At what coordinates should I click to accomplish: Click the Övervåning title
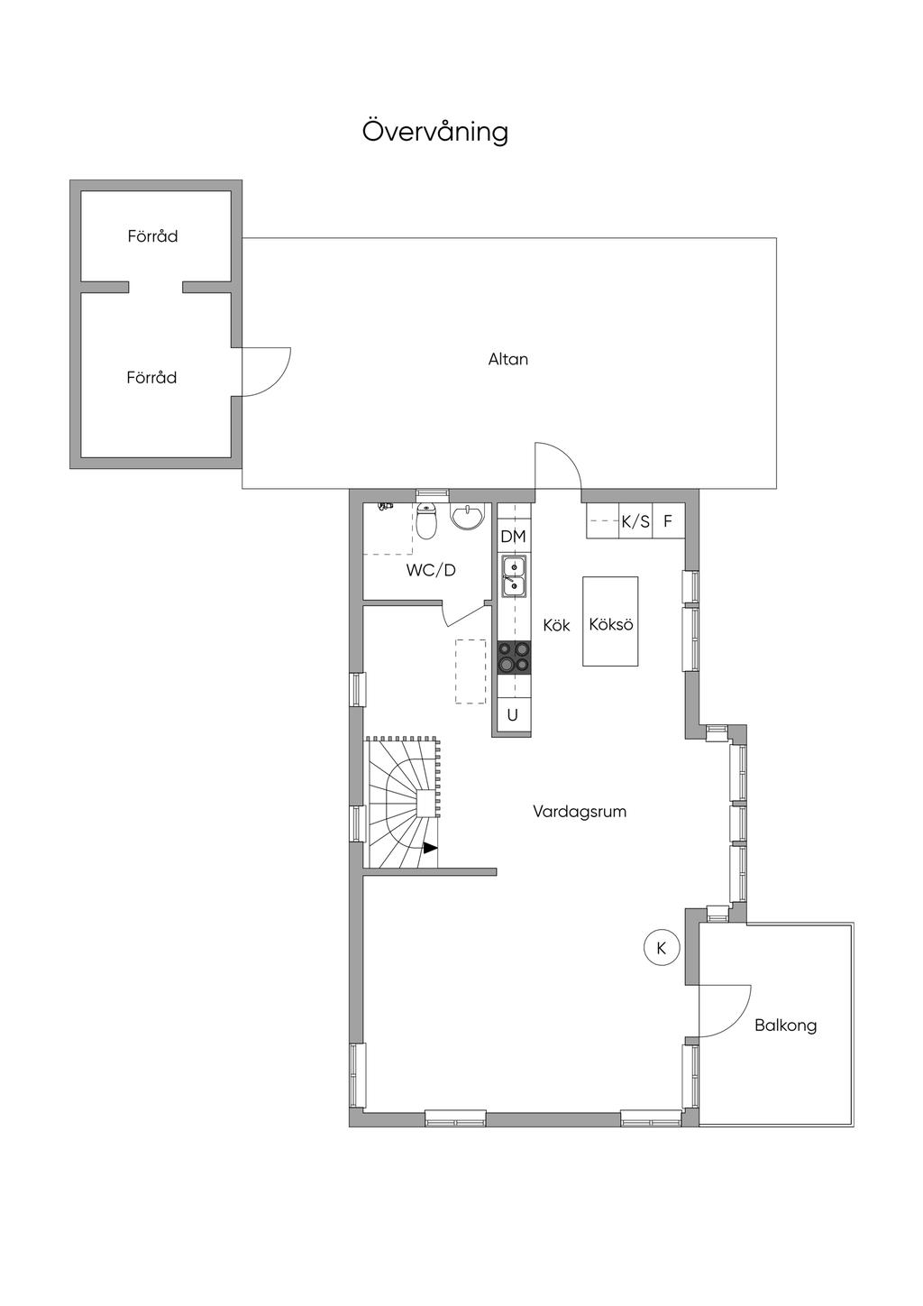[x=434, y=132]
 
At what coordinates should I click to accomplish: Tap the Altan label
[x=508, y=359]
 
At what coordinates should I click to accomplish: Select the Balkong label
[x=785, y=1025]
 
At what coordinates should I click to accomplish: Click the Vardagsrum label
[x=580, y=812]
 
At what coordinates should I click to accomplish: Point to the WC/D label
[x=431, y=570]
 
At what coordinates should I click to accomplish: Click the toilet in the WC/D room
[x=428, y=520]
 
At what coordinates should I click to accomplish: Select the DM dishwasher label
[x=514, y=537]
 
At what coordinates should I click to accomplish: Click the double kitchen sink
[x=514, y=576]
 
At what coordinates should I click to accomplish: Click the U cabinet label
[x=513, y=715]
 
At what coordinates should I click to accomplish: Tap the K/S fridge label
[x=635, y=521]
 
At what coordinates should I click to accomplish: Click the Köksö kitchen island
[x=610, y=621]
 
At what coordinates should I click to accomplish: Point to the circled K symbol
[x=662, y=948]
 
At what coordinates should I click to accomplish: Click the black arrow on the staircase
[x=430, y=849]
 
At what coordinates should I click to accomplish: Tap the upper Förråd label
[x=152, y=236]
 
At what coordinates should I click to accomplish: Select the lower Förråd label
[x=151, y=378]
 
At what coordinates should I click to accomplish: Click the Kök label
[x=556, y=625]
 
